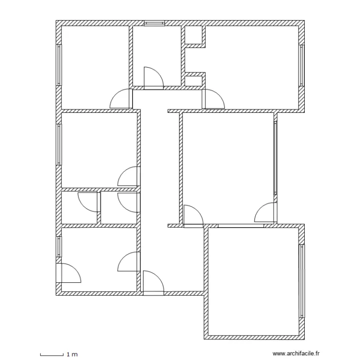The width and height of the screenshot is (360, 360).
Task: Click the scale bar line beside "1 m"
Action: (x=51, y=354)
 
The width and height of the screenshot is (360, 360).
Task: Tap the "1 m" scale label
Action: (x=72, y=354)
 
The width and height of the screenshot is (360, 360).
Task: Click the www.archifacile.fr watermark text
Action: (x=299, y=354)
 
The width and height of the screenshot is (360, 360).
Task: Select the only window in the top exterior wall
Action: (x=155, y=23)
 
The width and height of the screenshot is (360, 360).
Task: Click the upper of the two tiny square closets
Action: (x=194, y=36)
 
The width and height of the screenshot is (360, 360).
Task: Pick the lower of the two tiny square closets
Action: (x=194, y=80)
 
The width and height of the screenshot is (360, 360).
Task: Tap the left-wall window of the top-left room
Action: (x=59, y=65)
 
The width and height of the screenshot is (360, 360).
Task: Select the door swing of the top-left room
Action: (x=121, y=100)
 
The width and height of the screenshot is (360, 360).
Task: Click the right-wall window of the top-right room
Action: (x=302, y=65)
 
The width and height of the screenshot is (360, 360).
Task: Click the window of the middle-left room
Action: (x=59, y=144)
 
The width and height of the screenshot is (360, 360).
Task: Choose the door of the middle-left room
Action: (x=129, y=177)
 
